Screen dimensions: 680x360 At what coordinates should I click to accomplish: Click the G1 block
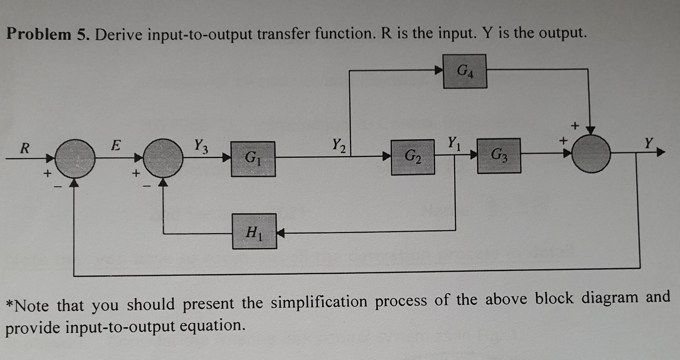pos(253,159)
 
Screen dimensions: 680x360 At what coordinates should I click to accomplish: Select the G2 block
pos(413,157)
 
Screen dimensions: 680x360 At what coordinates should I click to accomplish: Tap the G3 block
pos(499,156)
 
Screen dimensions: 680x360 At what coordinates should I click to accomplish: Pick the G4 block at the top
pos(465,71)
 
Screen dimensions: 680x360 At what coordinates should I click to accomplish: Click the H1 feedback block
pos(254,231)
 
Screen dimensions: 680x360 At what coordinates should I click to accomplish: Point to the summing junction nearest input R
pos(75,158)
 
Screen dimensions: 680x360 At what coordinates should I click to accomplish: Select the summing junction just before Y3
pos(164,158)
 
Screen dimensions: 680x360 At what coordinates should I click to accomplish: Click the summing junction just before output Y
pos(591,153)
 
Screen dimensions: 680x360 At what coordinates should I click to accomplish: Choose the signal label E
pos(115,145)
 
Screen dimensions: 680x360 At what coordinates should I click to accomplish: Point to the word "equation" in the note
pos(211,326)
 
